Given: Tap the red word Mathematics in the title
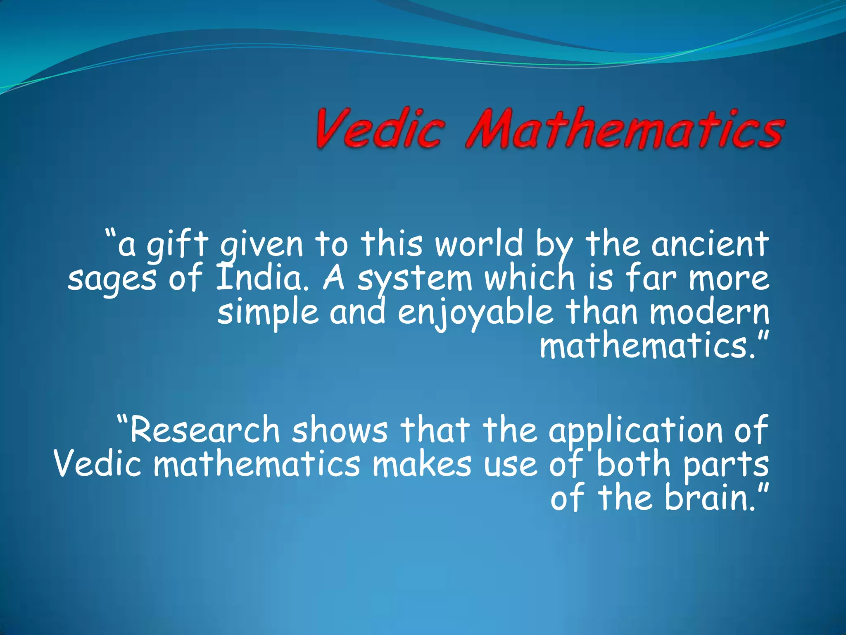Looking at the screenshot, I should pyautogui.click(x=624, y=129).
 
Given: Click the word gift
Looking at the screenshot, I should pyautogui.click(x=178, y=245).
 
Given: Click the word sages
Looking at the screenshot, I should pyautogui.click(x=112, y=279).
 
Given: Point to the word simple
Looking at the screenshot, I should pyautogui.click(x=268, y=313).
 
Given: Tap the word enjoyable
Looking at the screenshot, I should pyautogui.click(x=475, y=313).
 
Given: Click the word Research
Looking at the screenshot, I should pyautogui.click(x=205, y=430).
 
